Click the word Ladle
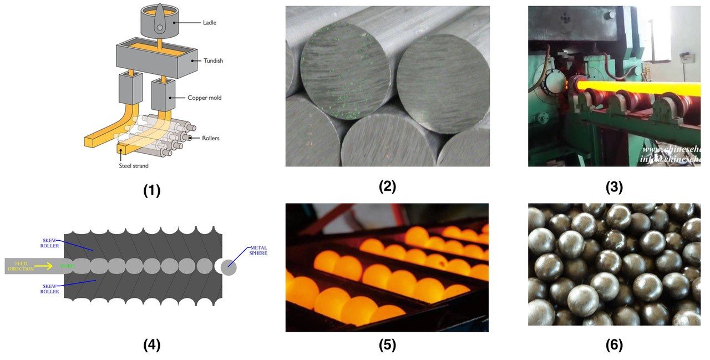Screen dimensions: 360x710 point(210,22)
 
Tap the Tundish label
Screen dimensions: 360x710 point(212,61)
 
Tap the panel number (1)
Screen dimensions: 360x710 point(151,191)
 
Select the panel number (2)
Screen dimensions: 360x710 point(387,187)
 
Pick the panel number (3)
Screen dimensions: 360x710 point(614,187)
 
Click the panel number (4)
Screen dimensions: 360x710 point(151,345)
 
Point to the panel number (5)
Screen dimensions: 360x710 point(387,345)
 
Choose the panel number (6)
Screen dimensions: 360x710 point(614,345)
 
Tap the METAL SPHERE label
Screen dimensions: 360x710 point(258,251)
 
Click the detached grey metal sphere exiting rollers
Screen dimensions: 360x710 point(228,267)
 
